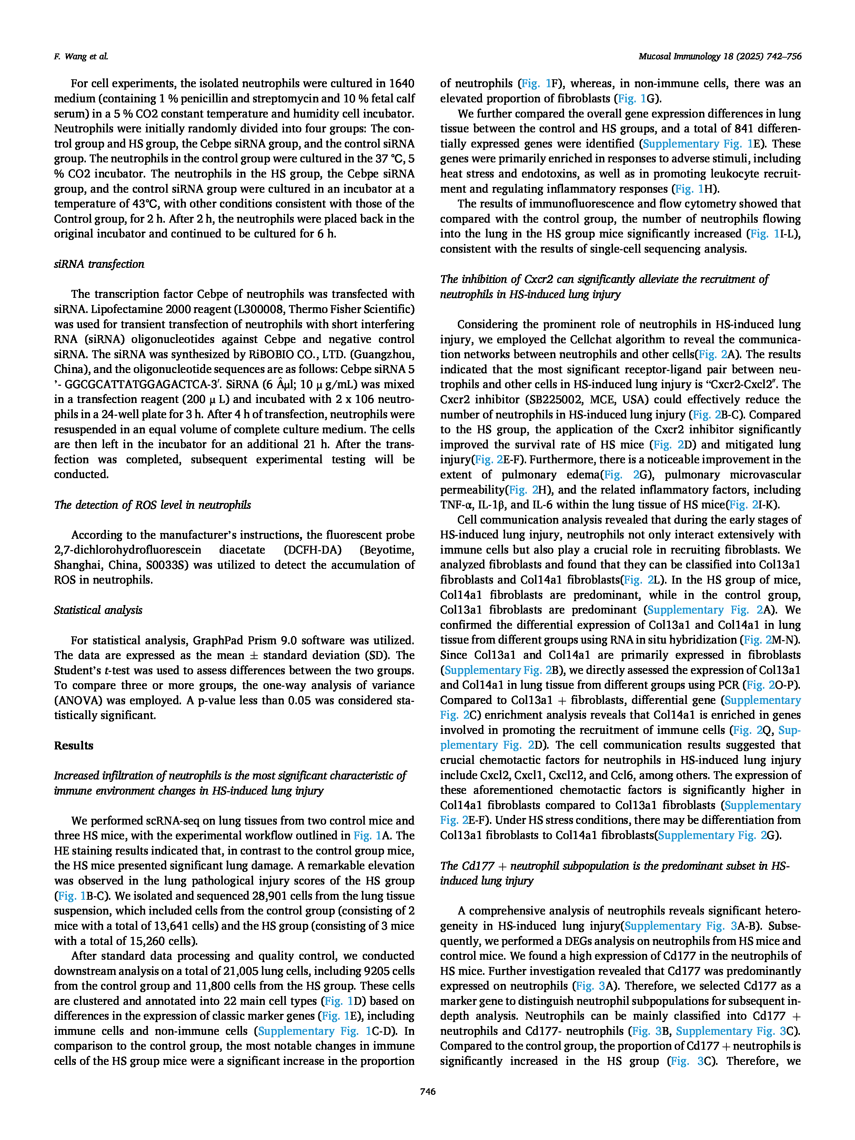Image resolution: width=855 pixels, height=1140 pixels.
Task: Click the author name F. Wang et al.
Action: click(x=81, y=56)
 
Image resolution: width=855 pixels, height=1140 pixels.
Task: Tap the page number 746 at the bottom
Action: click(x=428, y=1091)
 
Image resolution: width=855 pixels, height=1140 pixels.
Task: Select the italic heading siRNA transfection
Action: click(x=99, y=264)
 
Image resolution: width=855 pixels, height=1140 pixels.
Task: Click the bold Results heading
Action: click(x=74, y=745)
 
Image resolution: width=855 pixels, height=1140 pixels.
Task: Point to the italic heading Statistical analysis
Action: click(x=98, y=610)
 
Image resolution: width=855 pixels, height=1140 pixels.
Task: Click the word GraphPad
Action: click(x=217, y=640)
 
